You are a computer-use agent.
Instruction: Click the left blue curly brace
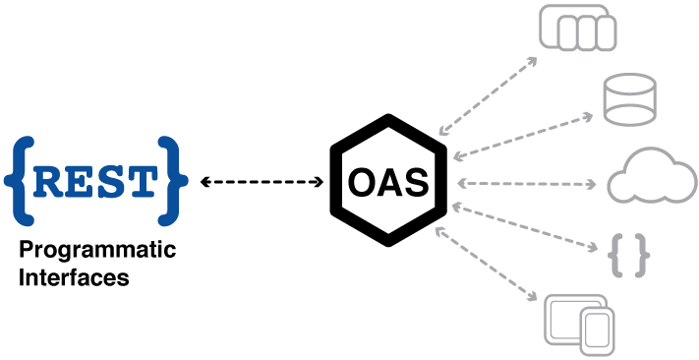(20, 181)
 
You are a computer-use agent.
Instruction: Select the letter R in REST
(50, 182)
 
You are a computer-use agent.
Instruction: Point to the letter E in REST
(80, 182)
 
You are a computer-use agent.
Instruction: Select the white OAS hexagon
(389, 181)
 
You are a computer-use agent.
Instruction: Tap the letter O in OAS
(363, 183)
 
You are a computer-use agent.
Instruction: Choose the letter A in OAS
(390, 183)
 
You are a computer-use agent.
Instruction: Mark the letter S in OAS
(416, 183)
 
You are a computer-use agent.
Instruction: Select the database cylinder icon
(628, 99)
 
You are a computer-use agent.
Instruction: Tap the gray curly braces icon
(629, 256)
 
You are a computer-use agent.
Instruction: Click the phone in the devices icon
(597, 331)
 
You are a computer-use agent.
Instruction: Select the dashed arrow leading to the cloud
(527, 184)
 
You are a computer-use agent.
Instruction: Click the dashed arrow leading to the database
(523, 136)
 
